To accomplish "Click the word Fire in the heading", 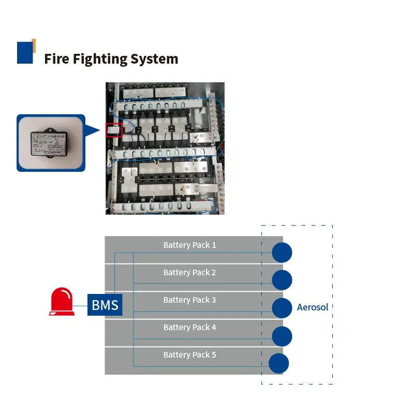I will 56,59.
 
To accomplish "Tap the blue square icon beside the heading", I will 25,52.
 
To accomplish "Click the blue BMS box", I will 105,305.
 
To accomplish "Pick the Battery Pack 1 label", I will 189,245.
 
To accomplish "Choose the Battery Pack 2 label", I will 189,272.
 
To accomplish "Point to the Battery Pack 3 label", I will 189,300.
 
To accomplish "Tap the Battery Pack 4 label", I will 189,327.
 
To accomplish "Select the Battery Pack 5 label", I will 189,354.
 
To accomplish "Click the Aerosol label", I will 313,307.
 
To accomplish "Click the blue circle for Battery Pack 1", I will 282,253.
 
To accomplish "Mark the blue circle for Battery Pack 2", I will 282,280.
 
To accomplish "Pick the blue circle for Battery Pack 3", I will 282,308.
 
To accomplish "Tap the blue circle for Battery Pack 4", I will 282,336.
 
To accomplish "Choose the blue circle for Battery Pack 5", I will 278,363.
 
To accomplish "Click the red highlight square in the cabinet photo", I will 113,129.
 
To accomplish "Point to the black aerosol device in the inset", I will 50,143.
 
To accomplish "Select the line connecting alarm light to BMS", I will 80,305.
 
